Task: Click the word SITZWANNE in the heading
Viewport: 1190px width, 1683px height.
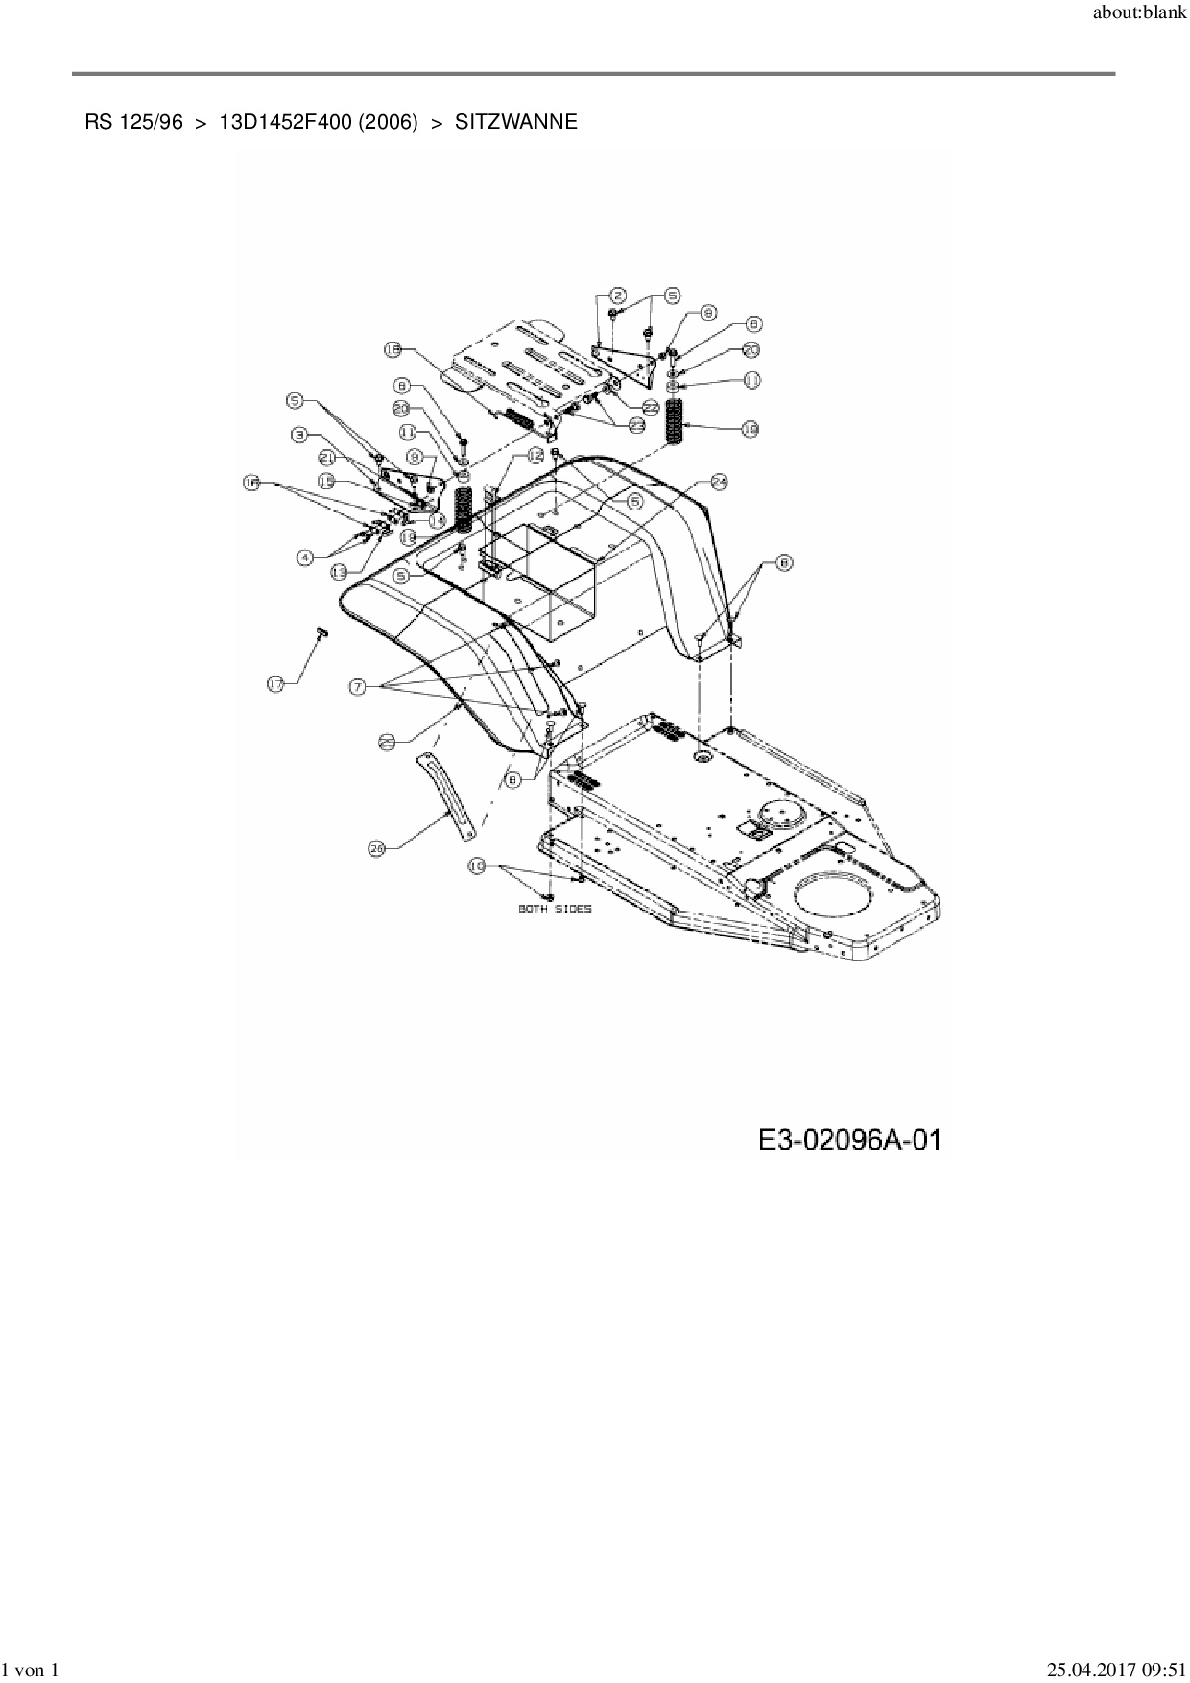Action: (x=515, y=122)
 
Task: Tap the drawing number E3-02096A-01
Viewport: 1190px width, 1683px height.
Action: (x=848, y=1140)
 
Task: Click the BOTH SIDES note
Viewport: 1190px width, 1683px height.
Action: (x=555, y=908)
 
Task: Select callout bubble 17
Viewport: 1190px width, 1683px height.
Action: (x=276, y=683)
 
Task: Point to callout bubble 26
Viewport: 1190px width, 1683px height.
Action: (x=377, y=848)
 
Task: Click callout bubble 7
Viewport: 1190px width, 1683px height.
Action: (x=358, y=686)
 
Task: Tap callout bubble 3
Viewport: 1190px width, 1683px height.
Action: (x=299, y=435)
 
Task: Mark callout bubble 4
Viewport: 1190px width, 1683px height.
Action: (x=304, y=557)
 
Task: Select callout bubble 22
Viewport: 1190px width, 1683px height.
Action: (x=651, y=408)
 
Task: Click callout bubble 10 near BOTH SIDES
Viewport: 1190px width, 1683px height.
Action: (x=477, y=865)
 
